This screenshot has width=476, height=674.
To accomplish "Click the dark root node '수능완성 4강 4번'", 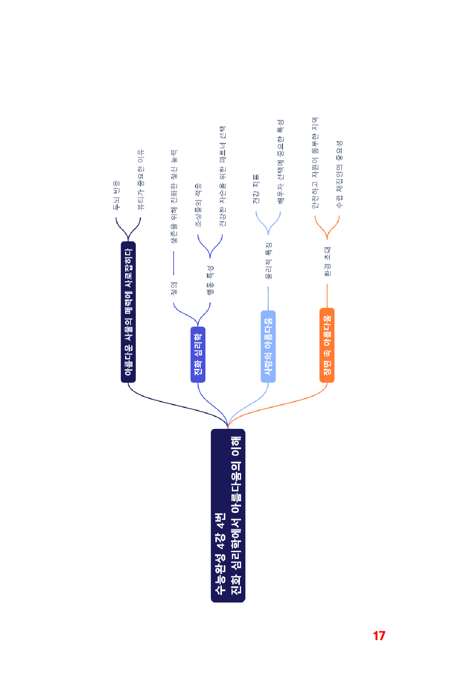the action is [x=228, y=515].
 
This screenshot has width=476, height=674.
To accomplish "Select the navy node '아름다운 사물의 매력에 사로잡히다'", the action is [x=128, y=312].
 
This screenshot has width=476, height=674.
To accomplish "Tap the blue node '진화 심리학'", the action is [x=198, y=354].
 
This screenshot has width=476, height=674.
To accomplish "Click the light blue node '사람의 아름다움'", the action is [x=268, y=346].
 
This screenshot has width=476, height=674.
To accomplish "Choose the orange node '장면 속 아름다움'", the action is [x=327, y=345].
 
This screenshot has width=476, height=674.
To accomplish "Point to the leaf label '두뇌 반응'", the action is [x=116, y=196].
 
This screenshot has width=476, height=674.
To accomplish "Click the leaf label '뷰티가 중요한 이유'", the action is [x=141, y=180].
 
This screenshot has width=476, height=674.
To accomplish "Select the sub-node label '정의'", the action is [x=174, y=289].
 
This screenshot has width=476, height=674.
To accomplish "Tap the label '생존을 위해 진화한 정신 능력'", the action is [x=174, y=196].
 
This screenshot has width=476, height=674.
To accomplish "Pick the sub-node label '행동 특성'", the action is [x=210, y=280].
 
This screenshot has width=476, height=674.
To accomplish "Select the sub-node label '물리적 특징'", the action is [x=268, y=260].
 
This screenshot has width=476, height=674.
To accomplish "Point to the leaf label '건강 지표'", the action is [x=256, y=189].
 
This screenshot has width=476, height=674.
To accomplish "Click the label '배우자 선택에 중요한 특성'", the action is [x=281, y=162].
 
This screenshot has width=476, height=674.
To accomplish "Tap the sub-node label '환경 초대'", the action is [x=327, y=262].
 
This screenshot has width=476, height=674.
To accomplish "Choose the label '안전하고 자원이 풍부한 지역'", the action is [x=315, y=163].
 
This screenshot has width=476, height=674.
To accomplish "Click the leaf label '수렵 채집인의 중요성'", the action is [x=339, y=174].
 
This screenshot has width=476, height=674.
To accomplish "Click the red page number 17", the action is [x=379, y=636].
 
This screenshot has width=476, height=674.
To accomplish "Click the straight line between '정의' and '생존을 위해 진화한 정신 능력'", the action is [x=174, y=263].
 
